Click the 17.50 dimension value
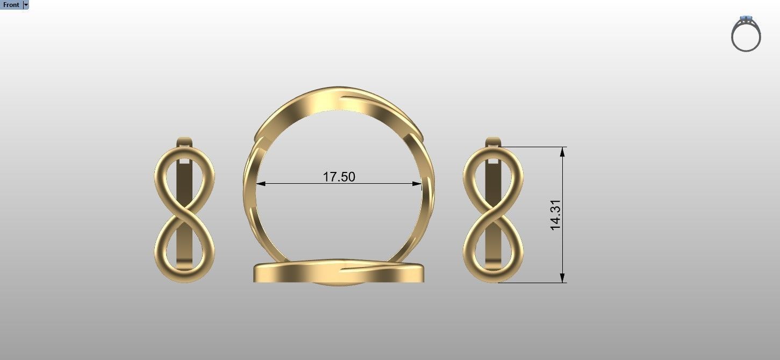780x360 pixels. tap(339, 176)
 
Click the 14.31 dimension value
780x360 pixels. tap(555, 215)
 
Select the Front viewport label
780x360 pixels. tap(11, 5)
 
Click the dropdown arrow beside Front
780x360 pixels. tap(26, 5)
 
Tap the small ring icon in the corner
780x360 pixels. tap(746, 34)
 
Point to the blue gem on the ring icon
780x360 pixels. tap(746, 19)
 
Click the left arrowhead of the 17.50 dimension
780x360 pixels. tap(261, 184)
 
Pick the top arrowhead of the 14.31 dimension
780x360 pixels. tap(562, 152)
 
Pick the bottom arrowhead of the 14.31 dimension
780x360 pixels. tap(562, 278)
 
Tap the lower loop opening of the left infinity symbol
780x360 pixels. tap(184, 244)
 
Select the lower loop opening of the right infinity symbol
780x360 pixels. tap(493, 244)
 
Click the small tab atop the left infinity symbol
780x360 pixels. tap(184, 142)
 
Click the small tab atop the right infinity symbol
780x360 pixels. tap(493, 142)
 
